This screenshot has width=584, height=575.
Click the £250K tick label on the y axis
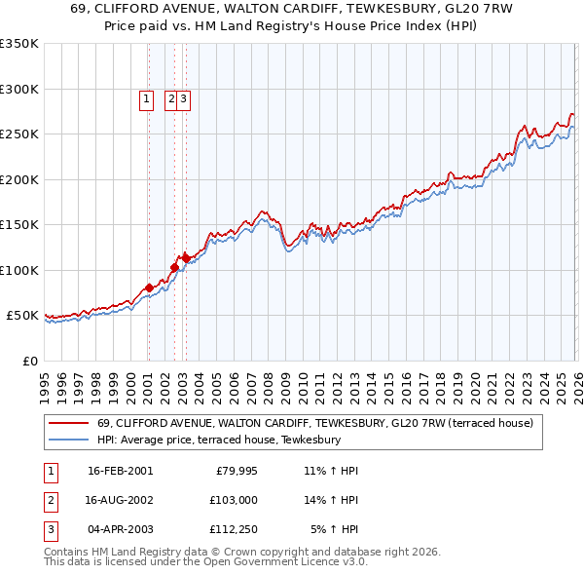tap(19, 134)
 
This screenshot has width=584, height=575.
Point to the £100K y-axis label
tap(19, 270)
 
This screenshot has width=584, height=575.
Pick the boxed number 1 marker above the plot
tap(147, 97)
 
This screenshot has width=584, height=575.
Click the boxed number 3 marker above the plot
tap(183, 97)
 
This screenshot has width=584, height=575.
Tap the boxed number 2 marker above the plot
tap(171, 97)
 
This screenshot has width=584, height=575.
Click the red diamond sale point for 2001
tap(149, 287)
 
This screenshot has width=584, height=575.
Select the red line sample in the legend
tap(68, 424)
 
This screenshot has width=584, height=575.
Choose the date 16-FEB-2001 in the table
tap(120, 471)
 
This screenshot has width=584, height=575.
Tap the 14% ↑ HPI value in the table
tap(331, 500)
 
